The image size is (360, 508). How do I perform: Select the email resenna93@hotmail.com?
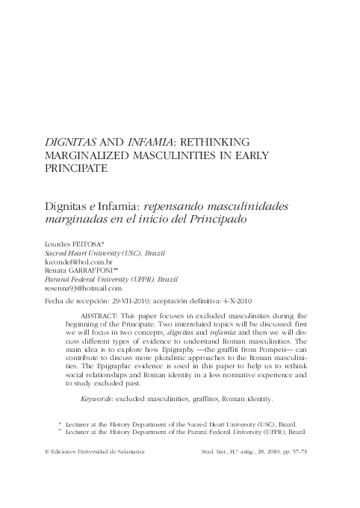coord(84,288)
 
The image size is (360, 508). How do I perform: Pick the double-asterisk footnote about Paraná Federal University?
coord(179,431)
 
